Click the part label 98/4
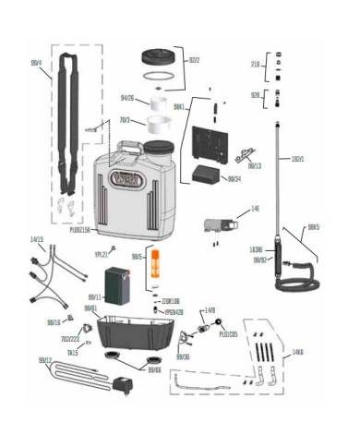[x=35, y=63]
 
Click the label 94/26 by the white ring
[x=127, y=98]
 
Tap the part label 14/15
[x=36, y=240]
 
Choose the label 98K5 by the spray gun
[x=315, y=226]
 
